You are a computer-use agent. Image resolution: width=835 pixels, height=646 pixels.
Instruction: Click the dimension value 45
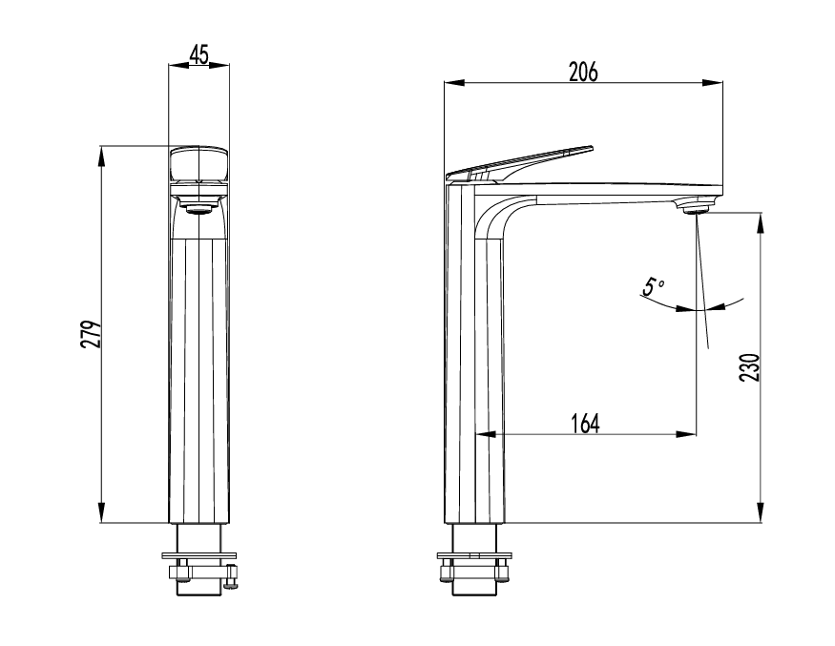[x=199, y=54]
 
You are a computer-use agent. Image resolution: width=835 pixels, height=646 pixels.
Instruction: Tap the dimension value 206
[x=582, y=72]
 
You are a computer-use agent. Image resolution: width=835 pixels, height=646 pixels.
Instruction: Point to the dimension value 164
[x=585, y=424]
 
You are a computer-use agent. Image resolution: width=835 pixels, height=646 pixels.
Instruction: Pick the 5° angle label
[x=652, y=286]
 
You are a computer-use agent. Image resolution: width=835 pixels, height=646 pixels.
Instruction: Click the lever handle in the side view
[x=520, y=163]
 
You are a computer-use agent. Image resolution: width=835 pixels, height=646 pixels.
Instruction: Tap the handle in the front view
[x=198, y=164]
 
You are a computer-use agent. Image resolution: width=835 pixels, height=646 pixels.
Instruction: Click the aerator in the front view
[x=198, y=204]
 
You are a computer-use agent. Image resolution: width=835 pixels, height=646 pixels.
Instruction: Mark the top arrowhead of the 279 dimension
[x=102, y=153]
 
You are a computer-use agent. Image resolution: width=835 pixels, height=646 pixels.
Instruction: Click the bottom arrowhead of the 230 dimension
[x=761, y=515]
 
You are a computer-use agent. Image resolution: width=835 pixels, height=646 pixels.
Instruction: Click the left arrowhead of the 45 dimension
[x=174, y=66]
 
